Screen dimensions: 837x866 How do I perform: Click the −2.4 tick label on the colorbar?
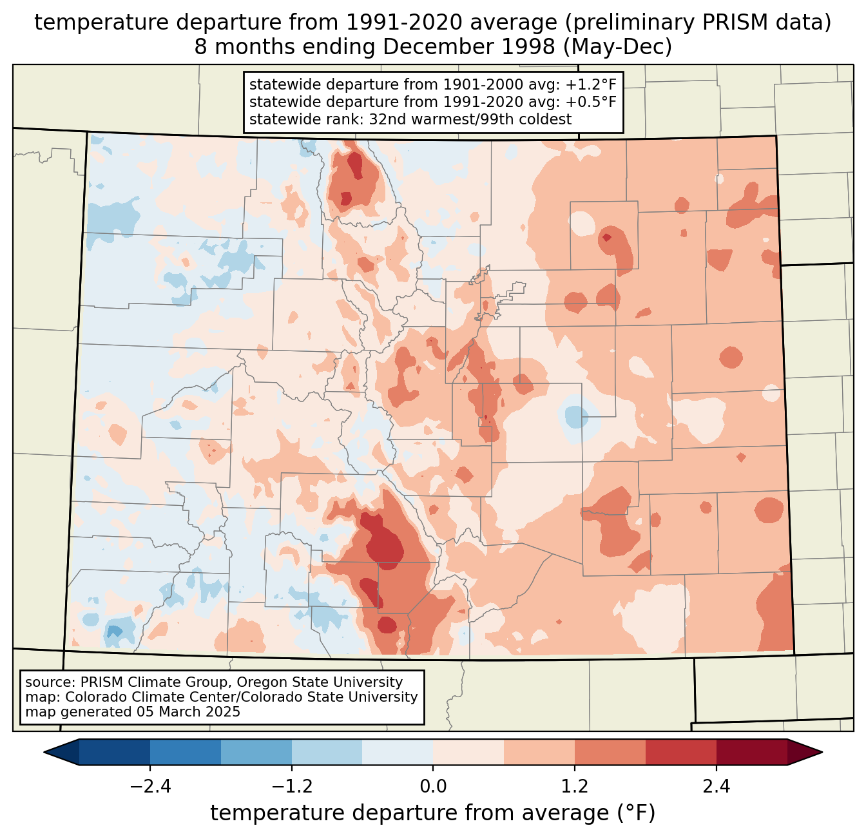(x=150, y=787)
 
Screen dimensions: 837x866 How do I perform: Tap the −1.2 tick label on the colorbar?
(x=292, y=787)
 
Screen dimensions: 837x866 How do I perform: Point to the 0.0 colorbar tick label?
(x=433, y=787)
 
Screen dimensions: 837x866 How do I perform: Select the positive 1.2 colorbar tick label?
(x=575, y=787)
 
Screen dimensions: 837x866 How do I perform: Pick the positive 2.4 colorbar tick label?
(x=716, y=787)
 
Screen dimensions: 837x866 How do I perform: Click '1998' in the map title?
(x=530, y=47)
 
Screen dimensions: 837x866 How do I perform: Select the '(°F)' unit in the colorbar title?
(x=635, y=813)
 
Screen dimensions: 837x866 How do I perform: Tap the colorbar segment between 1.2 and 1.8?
(x=610, y=752)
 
